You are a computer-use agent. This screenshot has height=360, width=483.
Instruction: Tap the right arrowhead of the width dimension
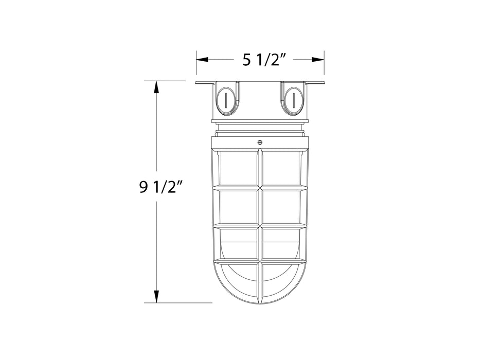pos(317,60)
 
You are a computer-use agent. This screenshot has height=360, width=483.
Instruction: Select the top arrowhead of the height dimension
pos(156,87)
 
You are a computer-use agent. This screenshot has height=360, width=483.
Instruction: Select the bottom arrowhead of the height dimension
pos(156,296)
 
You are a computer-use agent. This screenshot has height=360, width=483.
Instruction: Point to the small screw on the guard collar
pos(260,142)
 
